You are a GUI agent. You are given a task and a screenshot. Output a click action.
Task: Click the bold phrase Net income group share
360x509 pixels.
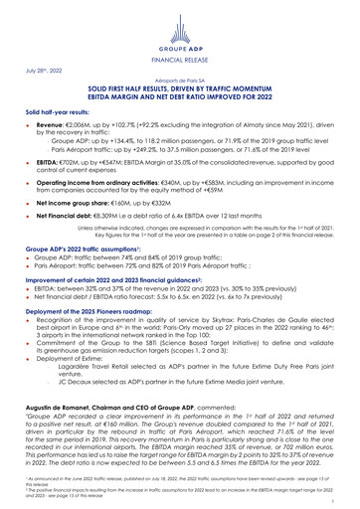(x=66, y=228)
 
